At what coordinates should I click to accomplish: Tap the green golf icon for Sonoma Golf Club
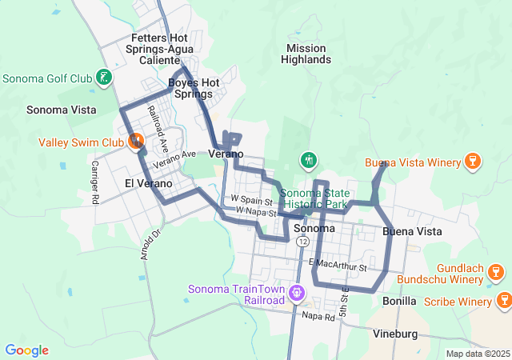pyautogui.click(x=103, y=78)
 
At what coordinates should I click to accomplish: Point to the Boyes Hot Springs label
pyautogui.click(x=193, y=88)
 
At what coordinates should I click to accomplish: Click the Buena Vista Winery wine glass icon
pyautogui.click(x=472, y=162)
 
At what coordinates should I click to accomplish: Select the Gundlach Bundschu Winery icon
pyautogui.click(x=496, y=274)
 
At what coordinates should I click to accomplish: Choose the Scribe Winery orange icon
pyautogui.click(x=504, y=301)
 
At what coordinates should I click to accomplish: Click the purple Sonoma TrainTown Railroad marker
pyautogui.click(x=297, y=294)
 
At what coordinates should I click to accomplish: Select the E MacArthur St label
pyautogui.click(x=336, y=263)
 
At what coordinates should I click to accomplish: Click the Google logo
pyautogui.click(x=26, y=350)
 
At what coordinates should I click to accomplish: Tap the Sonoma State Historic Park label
pyautogui.click(x=315, y=198)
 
